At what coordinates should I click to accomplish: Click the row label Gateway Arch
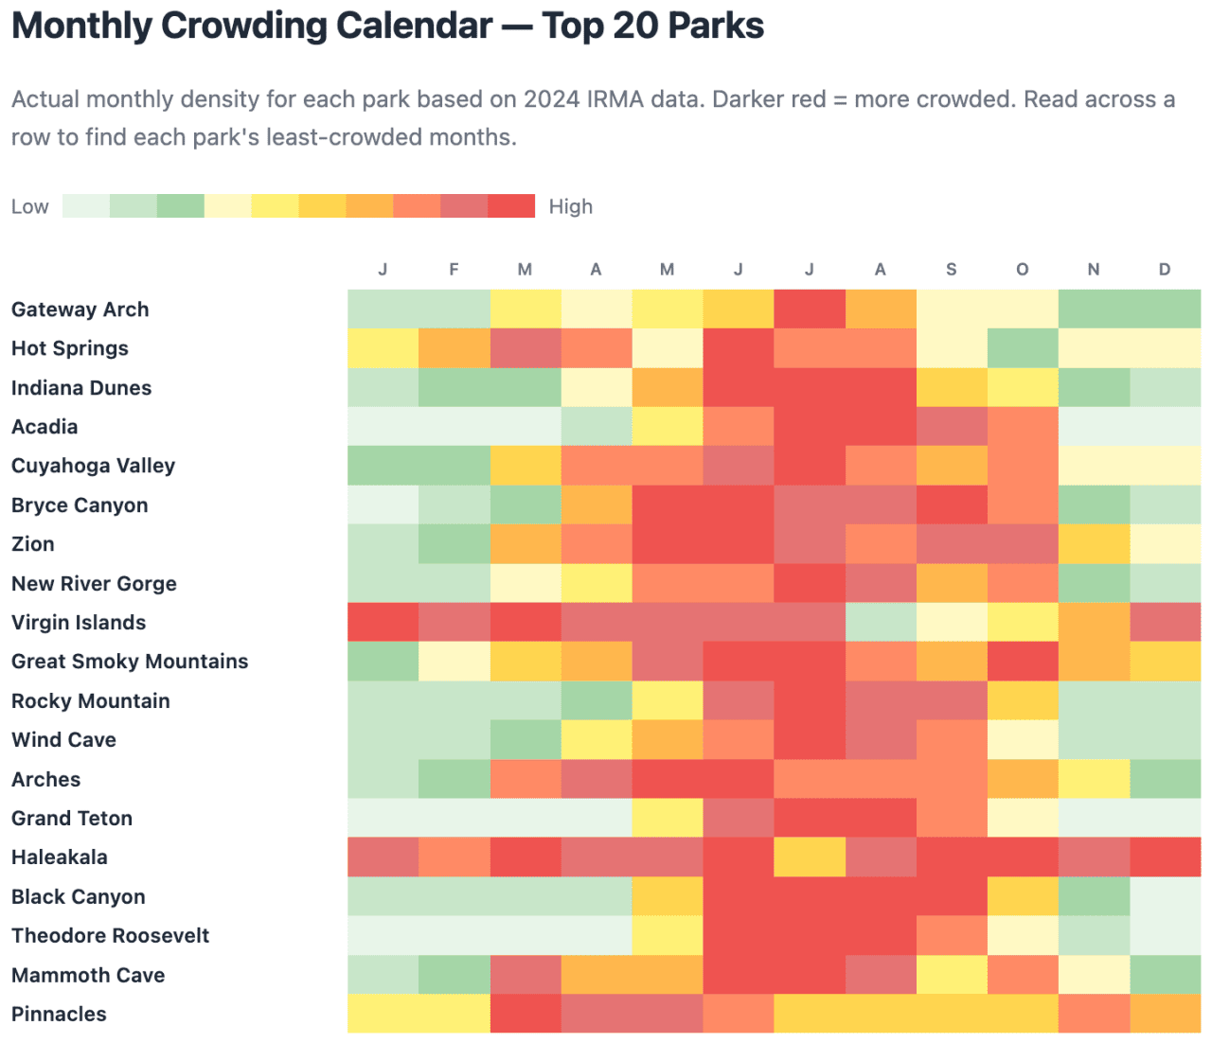point(80,309)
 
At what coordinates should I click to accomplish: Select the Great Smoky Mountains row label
point(130,662)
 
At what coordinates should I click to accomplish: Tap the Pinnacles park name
point(59,1014)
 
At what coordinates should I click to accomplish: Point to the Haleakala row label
point(60,857)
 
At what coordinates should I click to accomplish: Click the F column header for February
point(454,270)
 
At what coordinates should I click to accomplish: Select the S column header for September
point(951,270)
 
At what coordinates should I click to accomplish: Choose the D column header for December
point(1164,270)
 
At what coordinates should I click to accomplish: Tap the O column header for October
point(1022,270)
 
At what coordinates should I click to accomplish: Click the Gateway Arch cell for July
point(810,309)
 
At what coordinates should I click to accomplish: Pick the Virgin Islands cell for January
point(383,622)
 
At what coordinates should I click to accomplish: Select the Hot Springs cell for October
point(1022,348)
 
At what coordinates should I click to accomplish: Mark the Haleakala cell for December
point(1165,857)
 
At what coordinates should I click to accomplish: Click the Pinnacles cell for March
point(525,1014)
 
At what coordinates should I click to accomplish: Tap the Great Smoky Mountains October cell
point(1022,662)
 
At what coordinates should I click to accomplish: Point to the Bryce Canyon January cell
point(383,504)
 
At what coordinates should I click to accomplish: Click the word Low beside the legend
point(29,206)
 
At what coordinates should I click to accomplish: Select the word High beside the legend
point(570,206)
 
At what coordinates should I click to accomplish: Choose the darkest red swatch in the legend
point(511,206)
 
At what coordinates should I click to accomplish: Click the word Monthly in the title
point(80,26)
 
